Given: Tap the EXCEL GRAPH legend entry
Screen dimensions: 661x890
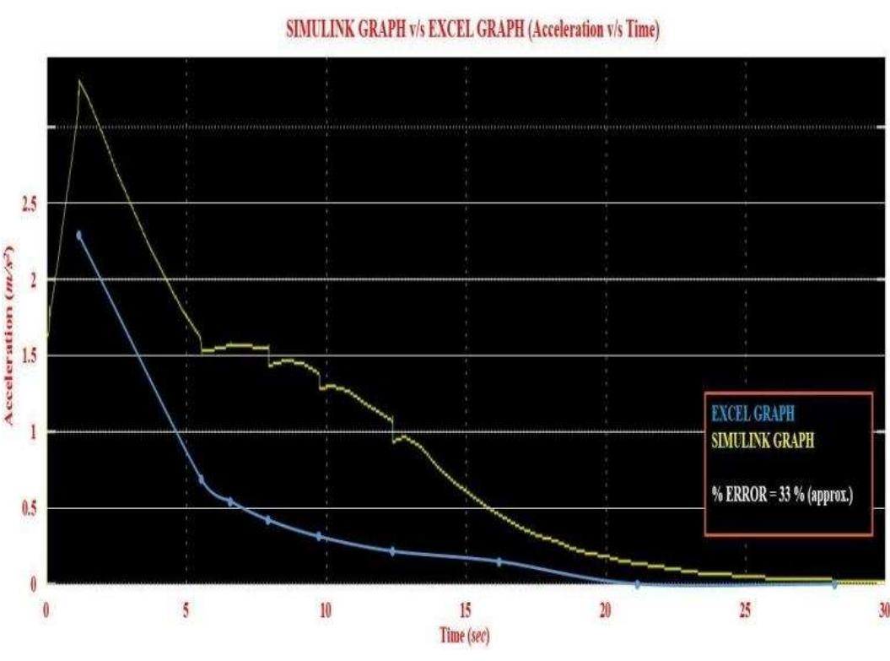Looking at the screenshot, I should (x=752, y=414).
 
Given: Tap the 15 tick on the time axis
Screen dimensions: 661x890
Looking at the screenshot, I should (x=466, y=609).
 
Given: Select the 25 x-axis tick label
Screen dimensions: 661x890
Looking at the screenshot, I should (x=745, y=609).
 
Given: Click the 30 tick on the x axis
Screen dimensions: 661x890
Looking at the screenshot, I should (x=882, y=609).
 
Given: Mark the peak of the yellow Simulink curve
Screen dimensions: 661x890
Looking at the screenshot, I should (x=79, y=81).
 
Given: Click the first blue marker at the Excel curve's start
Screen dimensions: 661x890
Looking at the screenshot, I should (x=79, y=236).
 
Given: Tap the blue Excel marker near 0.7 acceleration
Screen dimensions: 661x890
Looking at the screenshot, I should (x=201, y=479).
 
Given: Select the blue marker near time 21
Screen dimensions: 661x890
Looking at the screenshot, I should (x=637, y=583).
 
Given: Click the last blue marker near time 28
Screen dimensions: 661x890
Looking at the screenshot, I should (x=834, y=583).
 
